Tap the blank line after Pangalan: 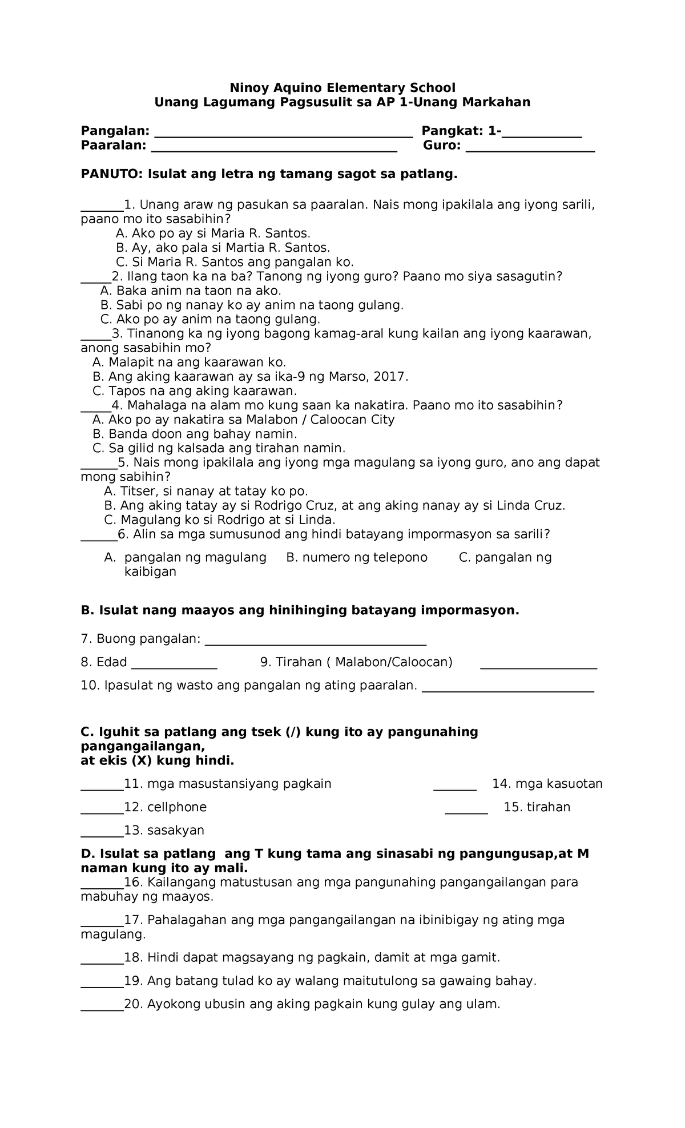click(x=284, y=135)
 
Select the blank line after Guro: click(x=530, y=149)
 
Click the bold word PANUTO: click(x=112, y=174)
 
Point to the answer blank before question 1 click(x=102, y=208)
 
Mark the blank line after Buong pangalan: click(x=315, y=643)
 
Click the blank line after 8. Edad click(x=174, y=666)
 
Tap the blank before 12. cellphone click(x=102, y=811)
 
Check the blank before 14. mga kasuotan click(x=455, y=788)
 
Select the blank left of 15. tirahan click(x=466, y=811)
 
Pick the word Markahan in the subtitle click(x=496, y=102)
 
